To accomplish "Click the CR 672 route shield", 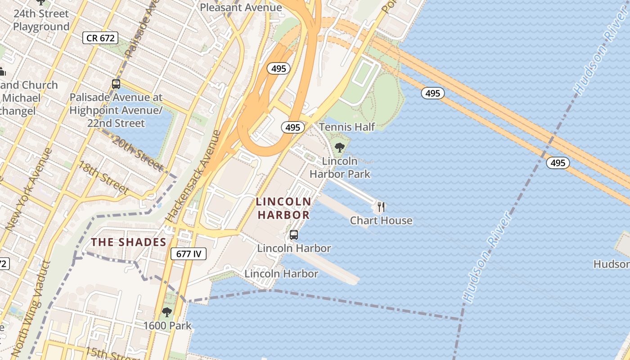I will pos(100,38).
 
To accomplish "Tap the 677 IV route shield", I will pos(189,254).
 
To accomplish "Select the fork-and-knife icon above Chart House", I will pos(381,207).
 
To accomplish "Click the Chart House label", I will pos(381,220).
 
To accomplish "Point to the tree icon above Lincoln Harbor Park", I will pos(340,147).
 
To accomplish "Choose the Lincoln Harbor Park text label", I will pos(340,167).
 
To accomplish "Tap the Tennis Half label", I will pos(346,127).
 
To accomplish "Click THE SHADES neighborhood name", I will pos(129,242).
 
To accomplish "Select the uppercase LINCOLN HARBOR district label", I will pos(283,208).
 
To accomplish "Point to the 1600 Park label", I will pos(167,325).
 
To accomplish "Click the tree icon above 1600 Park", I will pos(167,312).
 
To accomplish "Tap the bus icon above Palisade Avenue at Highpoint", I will pos(116,84).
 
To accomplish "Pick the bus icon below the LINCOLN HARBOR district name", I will pos(294,234).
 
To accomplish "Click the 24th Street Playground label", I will pos(41,20).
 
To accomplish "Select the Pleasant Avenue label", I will pos(241,7).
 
